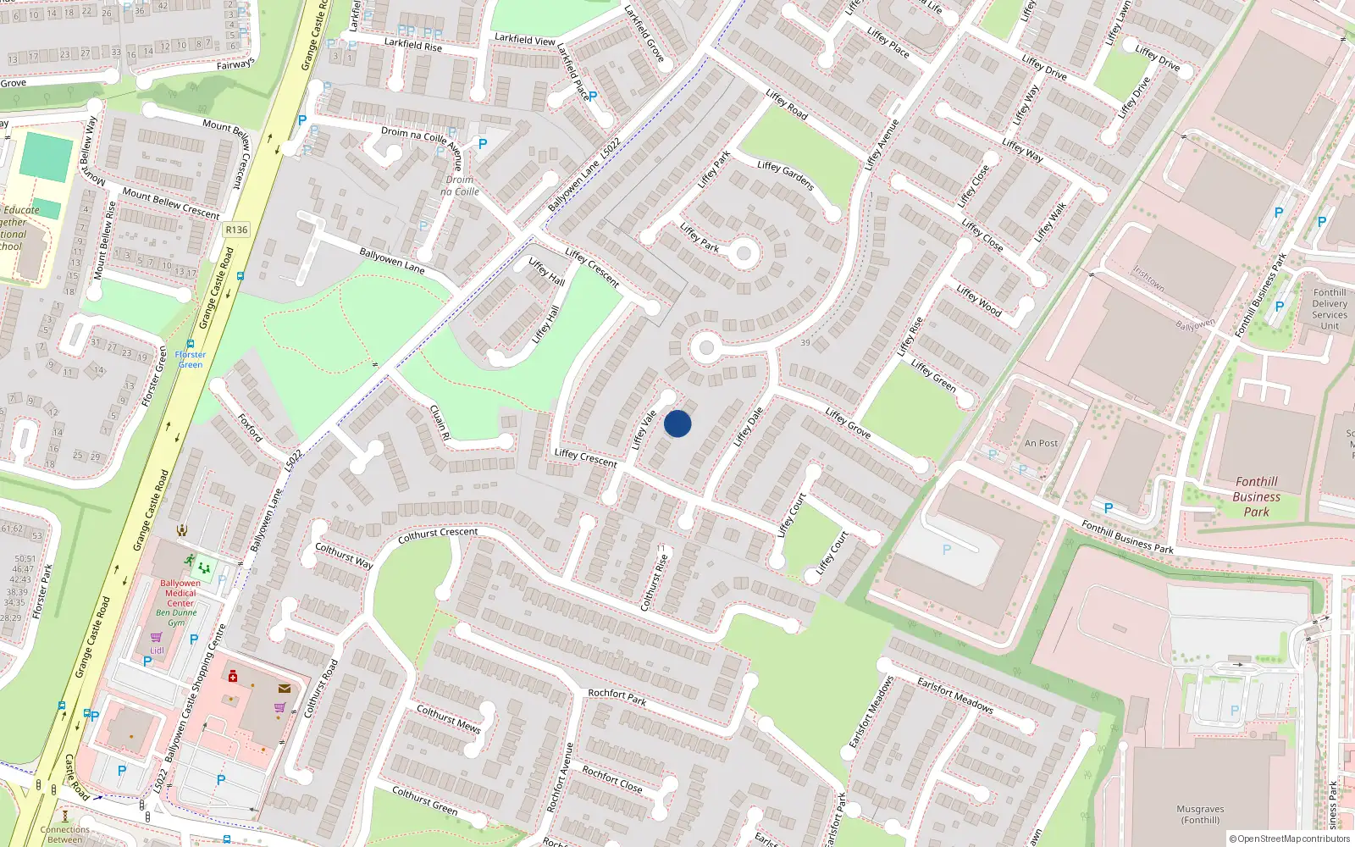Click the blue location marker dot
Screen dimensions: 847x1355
677,423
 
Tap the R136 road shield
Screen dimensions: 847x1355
236,230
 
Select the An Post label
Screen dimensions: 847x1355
1041,443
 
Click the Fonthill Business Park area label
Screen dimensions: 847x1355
1256,496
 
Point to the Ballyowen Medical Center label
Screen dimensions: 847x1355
180,593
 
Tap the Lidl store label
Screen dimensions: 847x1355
157,650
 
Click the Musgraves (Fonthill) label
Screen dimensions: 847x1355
1200,814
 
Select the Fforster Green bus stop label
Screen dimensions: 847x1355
191,360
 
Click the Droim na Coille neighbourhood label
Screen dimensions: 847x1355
460,185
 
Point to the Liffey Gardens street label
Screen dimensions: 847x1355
786,174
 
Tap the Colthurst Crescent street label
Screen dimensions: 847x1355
438,535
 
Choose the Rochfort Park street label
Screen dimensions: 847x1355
617,697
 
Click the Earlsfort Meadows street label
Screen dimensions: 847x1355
955,695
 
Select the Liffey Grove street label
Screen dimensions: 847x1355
848,423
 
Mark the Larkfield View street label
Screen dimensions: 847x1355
525,39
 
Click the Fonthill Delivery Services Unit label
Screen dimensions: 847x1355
1330,309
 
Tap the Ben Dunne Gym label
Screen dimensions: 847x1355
176,617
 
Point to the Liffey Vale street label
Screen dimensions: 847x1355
644,429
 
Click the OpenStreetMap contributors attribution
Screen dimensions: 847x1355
1290,839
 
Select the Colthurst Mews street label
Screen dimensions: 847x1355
449,718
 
